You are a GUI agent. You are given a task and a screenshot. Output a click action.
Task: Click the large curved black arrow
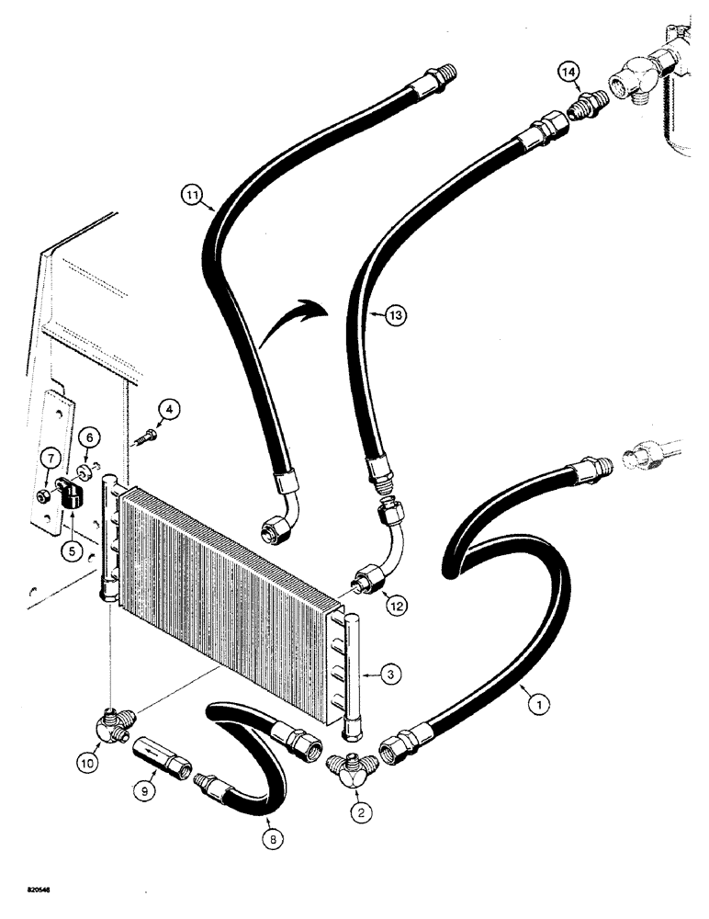point(289,323)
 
